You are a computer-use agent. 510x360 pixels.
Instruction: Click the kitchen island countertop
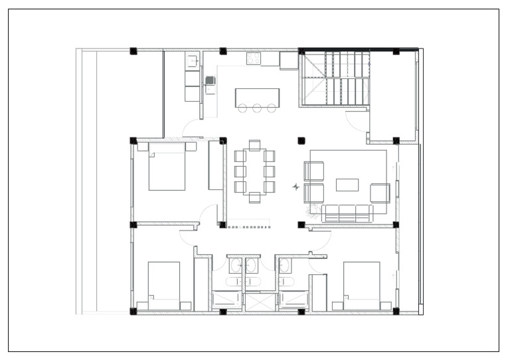(x=257, y=97)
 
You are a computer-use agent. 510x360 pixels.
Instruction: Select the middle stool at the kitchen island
(x=257, y=108)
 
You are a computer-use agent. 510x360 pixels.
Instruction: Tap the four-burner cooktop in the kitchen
(x=253, y=58)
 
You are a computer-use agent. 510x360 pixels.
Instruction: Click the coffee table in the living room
(x=347, y=185)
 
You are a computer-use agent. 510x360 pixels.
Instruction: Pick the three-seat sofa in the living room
(x=347, y=213)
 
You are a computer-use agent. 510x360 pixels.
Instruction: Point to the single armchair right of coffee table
(x=379, y=193)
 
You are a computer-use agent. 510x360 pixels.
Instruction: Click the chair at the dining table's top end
(x=254, y=145)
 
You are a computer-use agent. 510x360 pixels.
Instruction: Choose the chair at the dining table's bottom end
(x=254, y=197)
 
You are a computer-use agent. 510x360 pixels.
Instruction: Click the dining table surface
(x=254, y=171)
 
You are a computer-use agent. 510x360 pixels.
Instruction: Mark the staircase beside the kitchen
(x=334, y=78)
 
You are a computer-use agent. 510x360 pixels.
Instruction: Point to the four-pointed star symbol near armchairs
(x=296, y=187)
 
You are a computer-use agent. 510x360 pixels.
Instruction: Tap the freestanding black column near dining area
(x=301, y=140)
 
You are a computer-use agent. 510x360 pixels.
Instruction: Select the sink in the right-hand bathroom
(x=284, y=266)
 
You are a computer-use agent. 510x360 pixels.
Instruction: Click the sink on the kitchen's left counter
(x=192, y=62)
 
